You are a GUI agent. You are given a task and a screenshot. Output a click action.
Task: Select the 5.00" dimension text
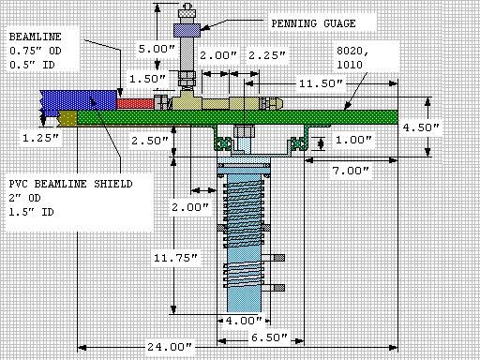[x=156, y=47]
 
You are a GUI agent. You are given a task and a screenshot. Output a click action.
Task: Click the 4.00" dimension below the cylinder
[x=239, y=320]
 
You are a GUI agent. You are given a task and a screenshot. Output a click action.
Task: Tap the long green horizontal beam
[x=281, y=119]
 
